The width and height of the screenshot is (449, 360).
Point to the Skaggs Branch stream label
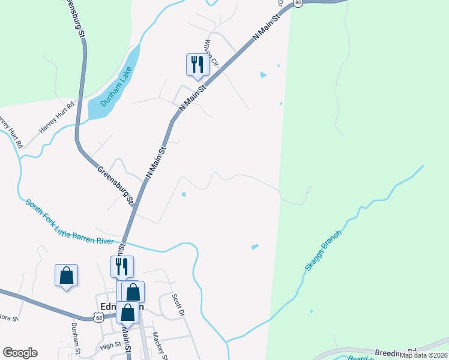click(323, 251)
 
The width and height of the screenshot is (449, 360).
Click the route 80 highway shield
click(298, 3)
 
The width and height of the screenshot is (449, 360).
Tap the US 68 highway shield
click(98, 318)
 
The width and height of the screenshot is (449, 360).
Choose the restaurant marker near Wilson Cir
click(197, 64)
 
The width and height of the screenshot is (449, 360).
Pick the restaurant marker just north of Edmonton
click(122, 266)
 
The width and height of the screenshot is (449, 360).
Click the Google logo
click(20, 353)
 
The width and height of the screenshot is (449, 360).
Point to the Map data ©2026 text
click(423, 355)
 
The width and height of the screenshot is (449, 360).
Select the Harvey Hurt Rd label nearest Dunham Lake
click(56, 118)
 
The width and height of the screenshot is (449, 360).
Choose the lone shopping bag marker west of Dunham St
click(66, 275)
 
